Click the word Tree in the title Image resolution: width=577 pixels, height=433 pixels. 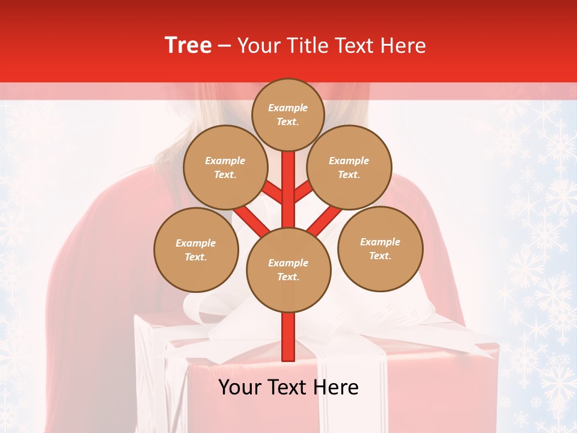point(188,46)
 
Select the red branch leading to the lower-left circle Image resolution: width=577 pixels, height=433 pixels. point(251,220)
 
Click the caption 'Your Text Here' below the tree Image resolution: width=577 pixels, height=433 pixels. point(288,387)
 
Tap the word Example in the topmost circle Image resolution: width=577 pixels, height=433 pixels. point(288,108)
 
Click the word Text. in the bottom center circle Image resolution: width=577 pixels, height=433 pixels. point(288,277)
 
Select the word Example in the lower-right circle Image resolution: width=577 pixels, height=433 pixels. point(380,242)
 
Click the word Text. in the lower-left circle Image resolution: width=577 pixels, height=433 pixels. point(195,257)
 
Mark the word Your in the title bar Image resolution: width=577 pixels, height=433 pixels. point(257,46)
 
